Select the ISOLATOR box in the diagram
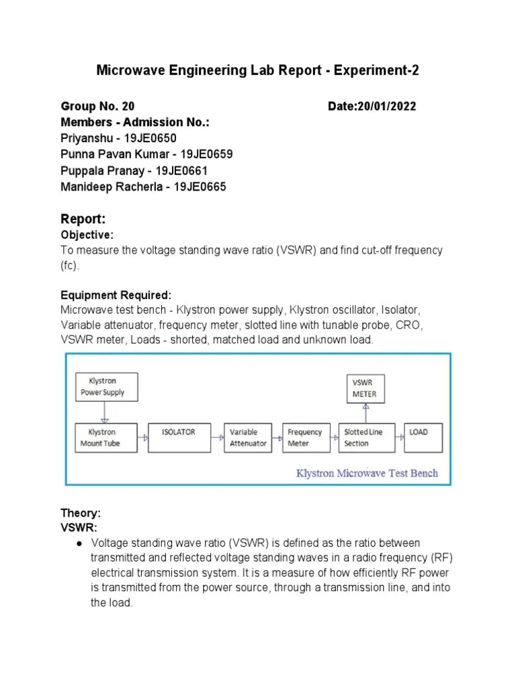click(x=179, y=437)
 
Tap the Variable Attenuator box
click(x=249, y=437)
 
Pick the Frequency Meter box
click(x=304, y=437)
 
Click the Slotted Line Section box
click(x=364, y=437)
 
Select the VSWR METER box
click(x=365, y=388)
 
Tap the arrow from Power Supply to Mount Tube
click(x=104, y=411)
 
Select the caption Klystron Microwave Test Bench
click(x=367, y=473)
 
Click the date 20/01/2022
click(x=386, y=107)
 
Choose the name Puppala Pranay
click(x=100, y=170)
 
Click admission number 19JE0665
click(x=200, y=187)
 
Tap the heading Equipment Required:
click(x=116, y=295)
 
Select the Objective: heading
click(x=87, y=235)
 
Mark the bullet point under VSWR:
click(x=79, y=542)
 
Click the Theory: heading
click(x=81, y=513)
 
